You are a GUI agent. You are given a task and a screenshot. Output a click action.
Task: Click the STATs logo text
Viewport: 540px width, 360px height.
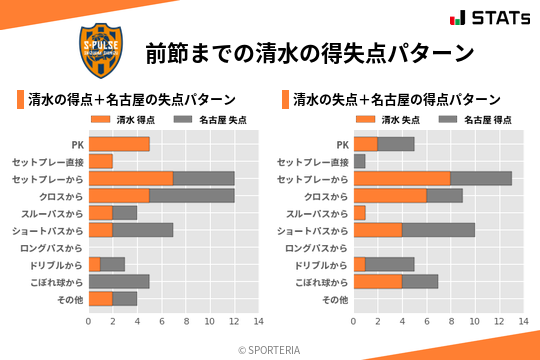(500, 18)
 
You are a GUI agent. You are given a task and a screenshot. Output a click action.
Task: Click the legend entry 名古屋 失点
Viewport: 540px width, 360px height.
(209, 120)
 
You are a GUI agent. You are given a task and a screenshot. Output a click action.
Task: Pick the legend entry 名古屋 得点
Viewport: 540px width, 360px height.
(475, 120)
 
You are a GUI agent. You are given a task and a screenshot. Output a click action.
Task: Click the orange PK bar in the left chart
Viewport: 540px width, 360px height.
(119, 144)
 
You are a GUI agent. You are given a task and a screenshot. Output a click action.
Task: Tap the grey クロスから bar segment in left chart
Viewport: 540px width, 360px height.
(191, 195)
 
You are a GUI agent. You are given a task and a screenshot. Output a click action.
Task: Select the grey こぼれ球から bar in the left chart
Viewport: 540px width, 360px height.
(119, 281)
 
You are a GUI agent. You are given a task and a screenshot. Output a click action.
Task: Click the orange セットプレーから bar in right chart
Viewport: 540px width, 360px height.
(401, 178)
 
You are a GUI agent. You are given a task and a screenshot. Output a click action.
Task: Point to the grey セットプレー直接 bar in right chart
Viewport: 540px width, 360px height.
(359, 161)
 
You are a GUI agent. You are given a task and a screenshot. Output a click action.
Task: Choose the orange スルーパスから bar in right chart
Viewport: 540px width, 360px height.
(359, 212)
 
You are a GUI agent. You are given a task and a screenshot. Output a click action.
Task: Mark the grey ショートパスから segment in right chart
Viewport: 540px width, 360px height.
(438, 230)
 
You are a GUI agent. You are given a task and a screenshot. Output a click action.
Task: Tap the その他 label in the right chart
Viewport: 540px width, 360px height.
(334, 298)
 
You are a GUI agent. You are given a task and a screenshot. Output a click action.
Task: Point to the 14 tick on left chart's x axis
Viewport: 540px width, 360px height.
(258, 322)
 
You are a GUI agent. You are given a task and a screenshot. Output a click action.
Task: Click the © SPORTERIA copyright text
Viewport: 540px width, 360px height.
(270, 349)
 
